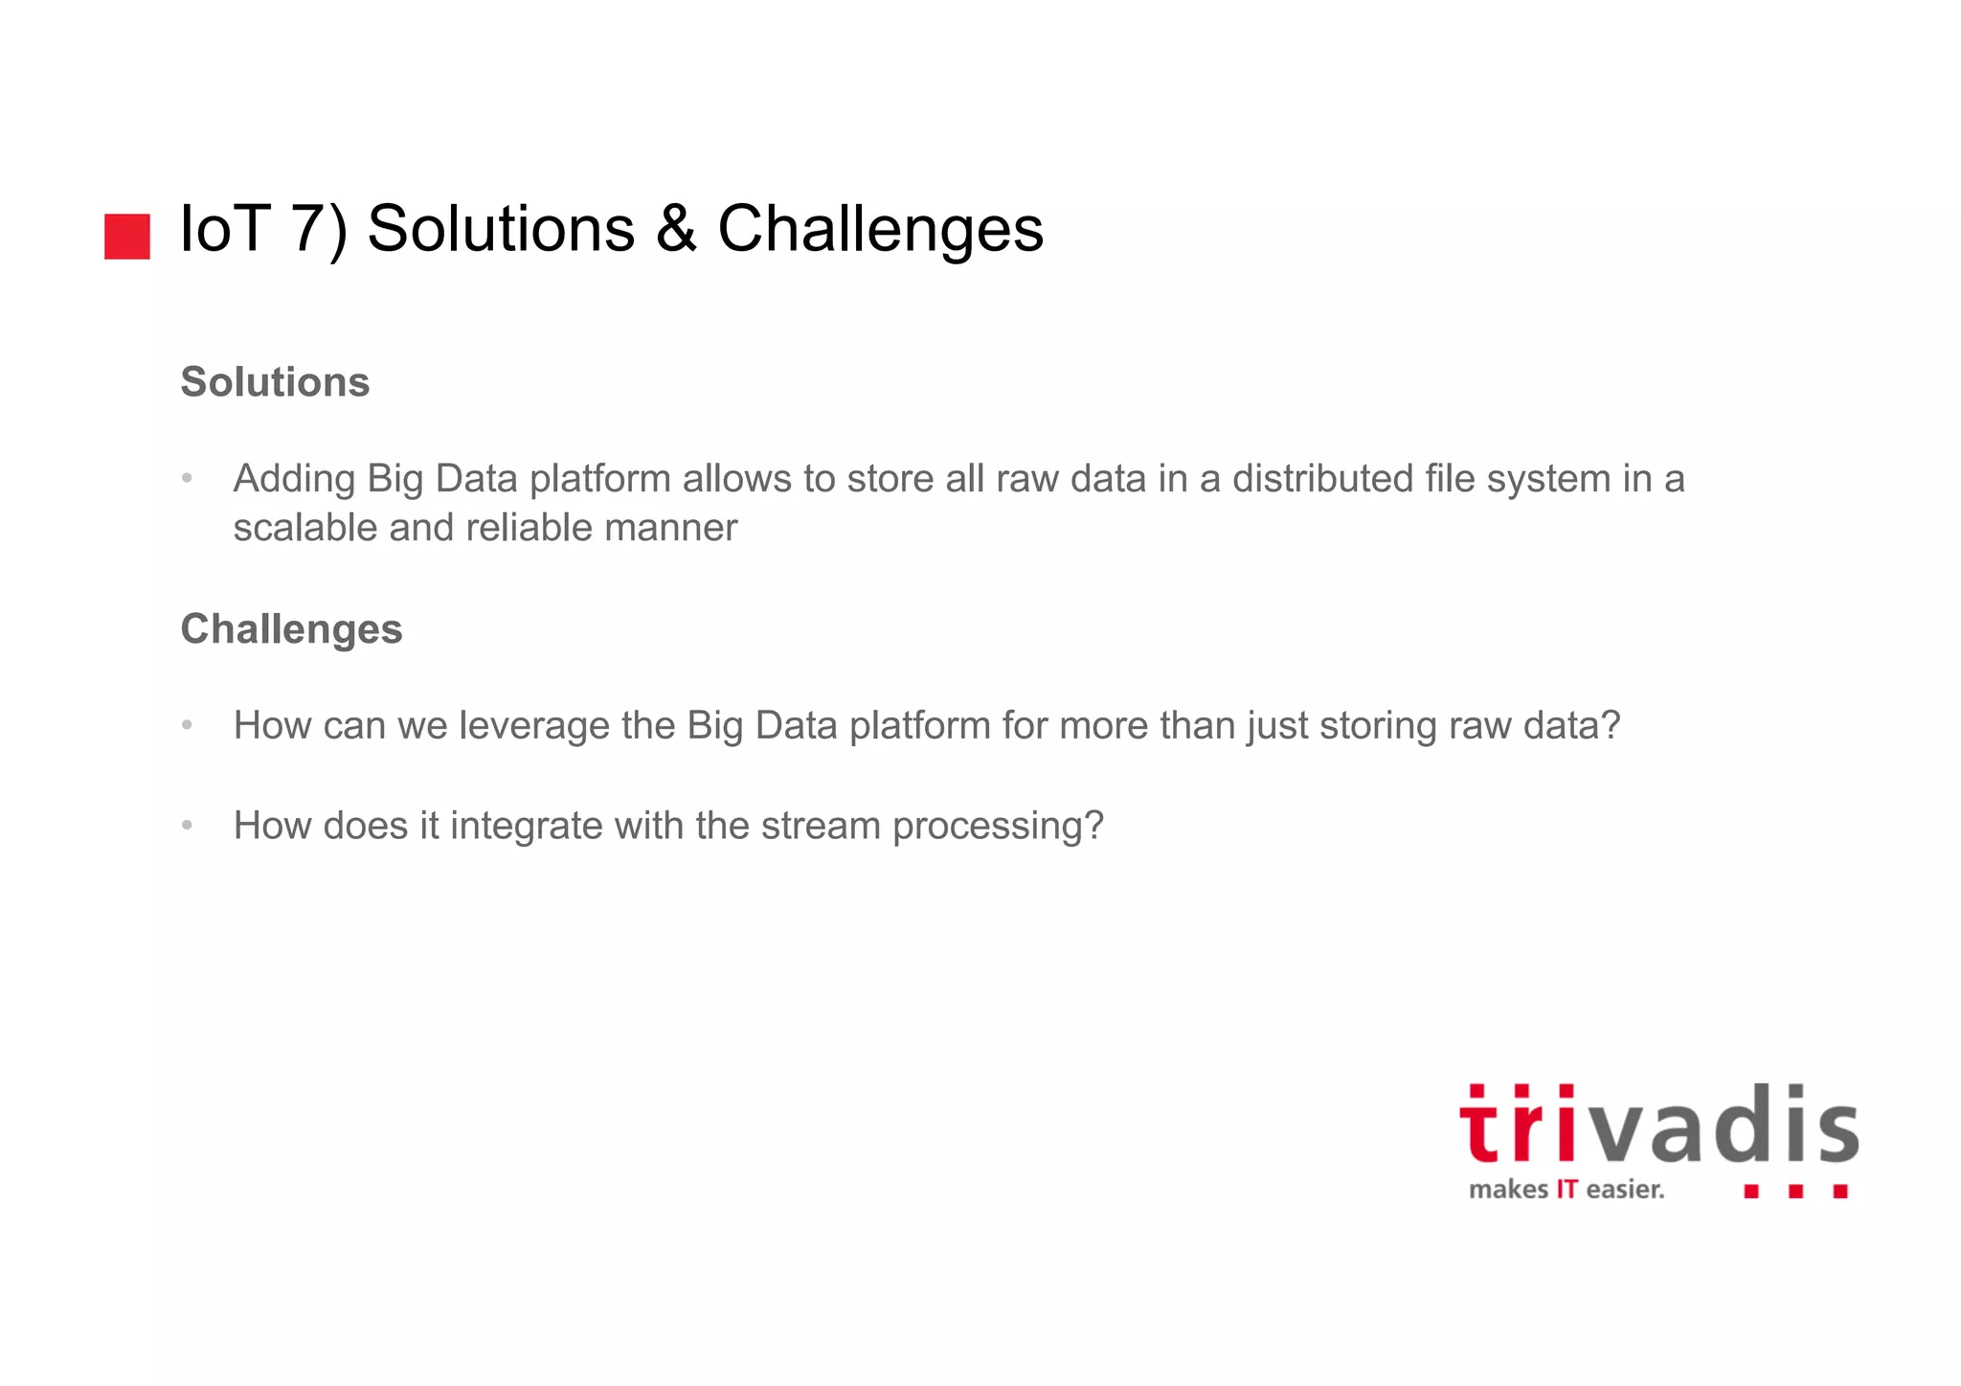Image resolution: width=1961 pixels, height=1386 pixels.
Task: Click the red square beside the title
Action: [x=126, y=236]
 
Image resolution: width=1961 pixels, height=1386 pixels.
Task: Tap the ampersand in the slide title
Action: [x=676, y=230]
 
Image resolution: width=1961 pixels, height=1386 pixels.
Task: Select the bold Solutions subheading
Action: [x=275, y=382]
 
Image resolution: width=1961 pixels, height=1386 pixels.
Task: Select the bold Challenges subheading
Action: [x=291, y=629]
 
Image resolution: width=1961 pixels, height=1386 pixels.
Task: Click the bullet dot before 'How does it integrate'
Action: [x=188, y=825]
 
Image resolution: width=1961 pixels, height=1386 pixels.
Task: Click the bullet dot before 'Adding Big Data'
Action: [x=188, y=478]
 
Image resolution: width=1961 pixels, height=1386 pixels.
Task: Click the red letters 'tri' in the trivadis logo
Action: [x=1518, y=1125]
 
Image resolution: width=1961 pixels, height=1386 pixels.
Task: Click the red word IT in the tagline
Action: [x=1567, y=1190]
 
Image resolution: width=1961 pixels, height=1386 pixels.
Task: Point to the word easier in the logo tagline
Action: [x=1625, y=1190]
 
